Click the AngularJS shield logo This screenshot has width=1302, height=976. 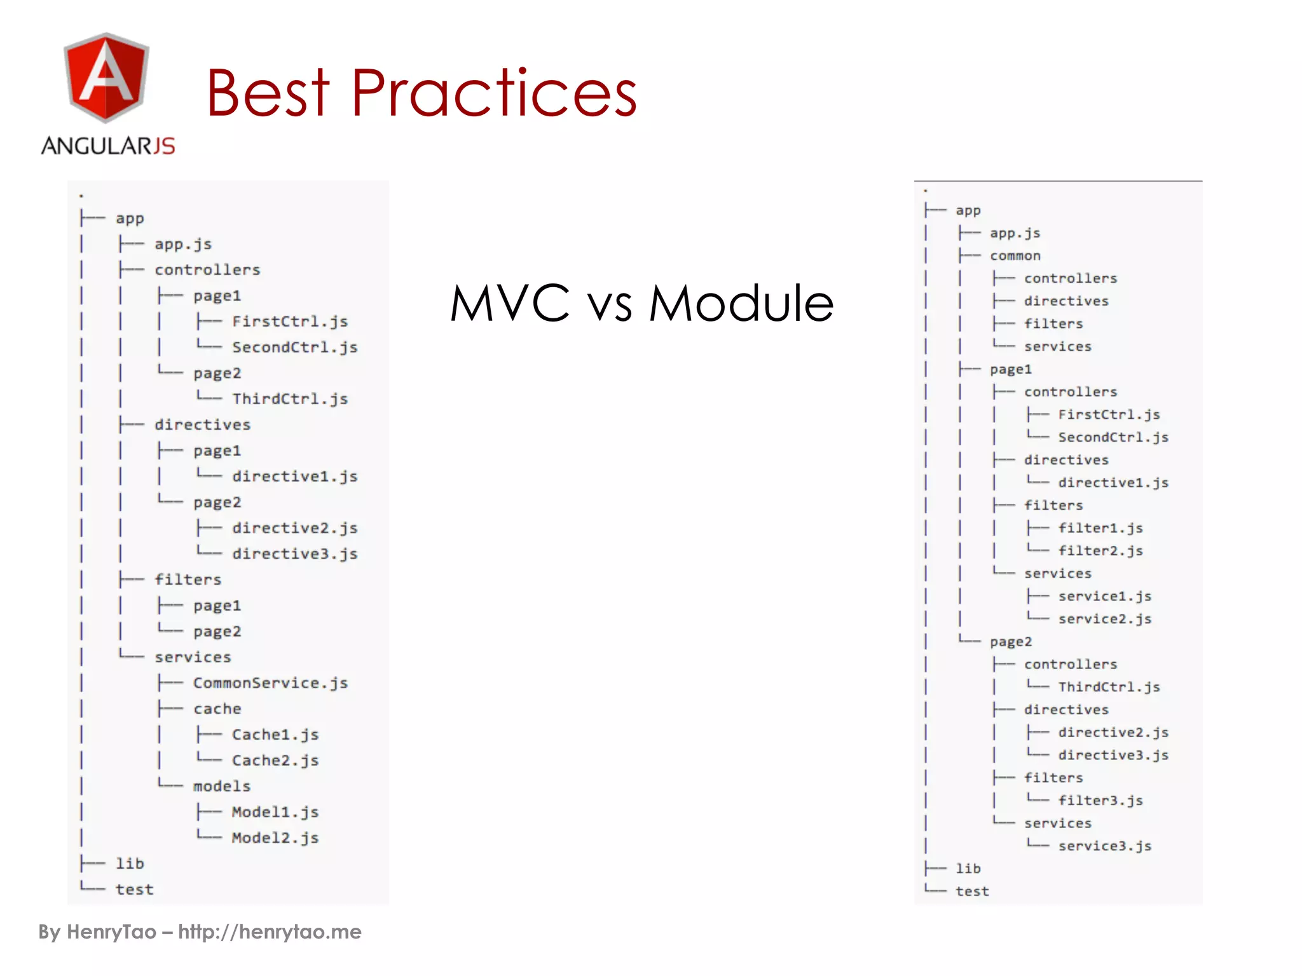click(x=106, y=78)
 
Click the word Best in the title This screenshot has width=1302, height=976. click(x=268, y=93)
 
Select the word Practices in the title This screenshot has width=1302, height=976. click(x=494, y=93)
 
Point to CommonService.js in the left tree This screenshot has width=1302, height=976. click(x=270, y=683)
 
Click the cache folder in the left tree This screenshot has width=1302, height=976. click(x=217, y=709)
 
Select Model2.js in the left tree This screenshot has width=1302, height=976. click(x=275, y=838)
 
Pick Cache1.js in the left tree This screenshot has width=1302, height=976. click(x=275, y=735)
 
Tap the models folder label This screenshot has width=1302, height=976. click(x=222, y=787)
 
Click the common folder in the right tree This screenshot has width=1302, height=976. click(x=1015, y=256)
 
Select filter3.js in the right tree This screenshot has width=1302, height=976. click(x=1100, y=801)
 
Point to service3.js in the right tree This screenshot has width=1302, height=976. click(x=1104, y=846)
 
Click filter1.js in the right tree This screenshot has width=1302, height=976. click(x=1100, y=529)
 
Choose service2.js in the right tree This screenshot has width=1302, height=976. click(x=1104, y=620)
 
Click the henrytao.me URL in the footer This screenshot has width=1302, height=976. click(x=270, y=932)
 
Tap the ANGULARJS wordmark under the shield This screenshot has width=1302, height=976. click(x=108, y=146)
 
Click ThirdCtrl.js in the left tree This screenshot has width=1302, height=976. click(x=290, y=399)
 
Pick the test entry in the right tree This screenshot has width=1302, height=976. click(x=972, y=891)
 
